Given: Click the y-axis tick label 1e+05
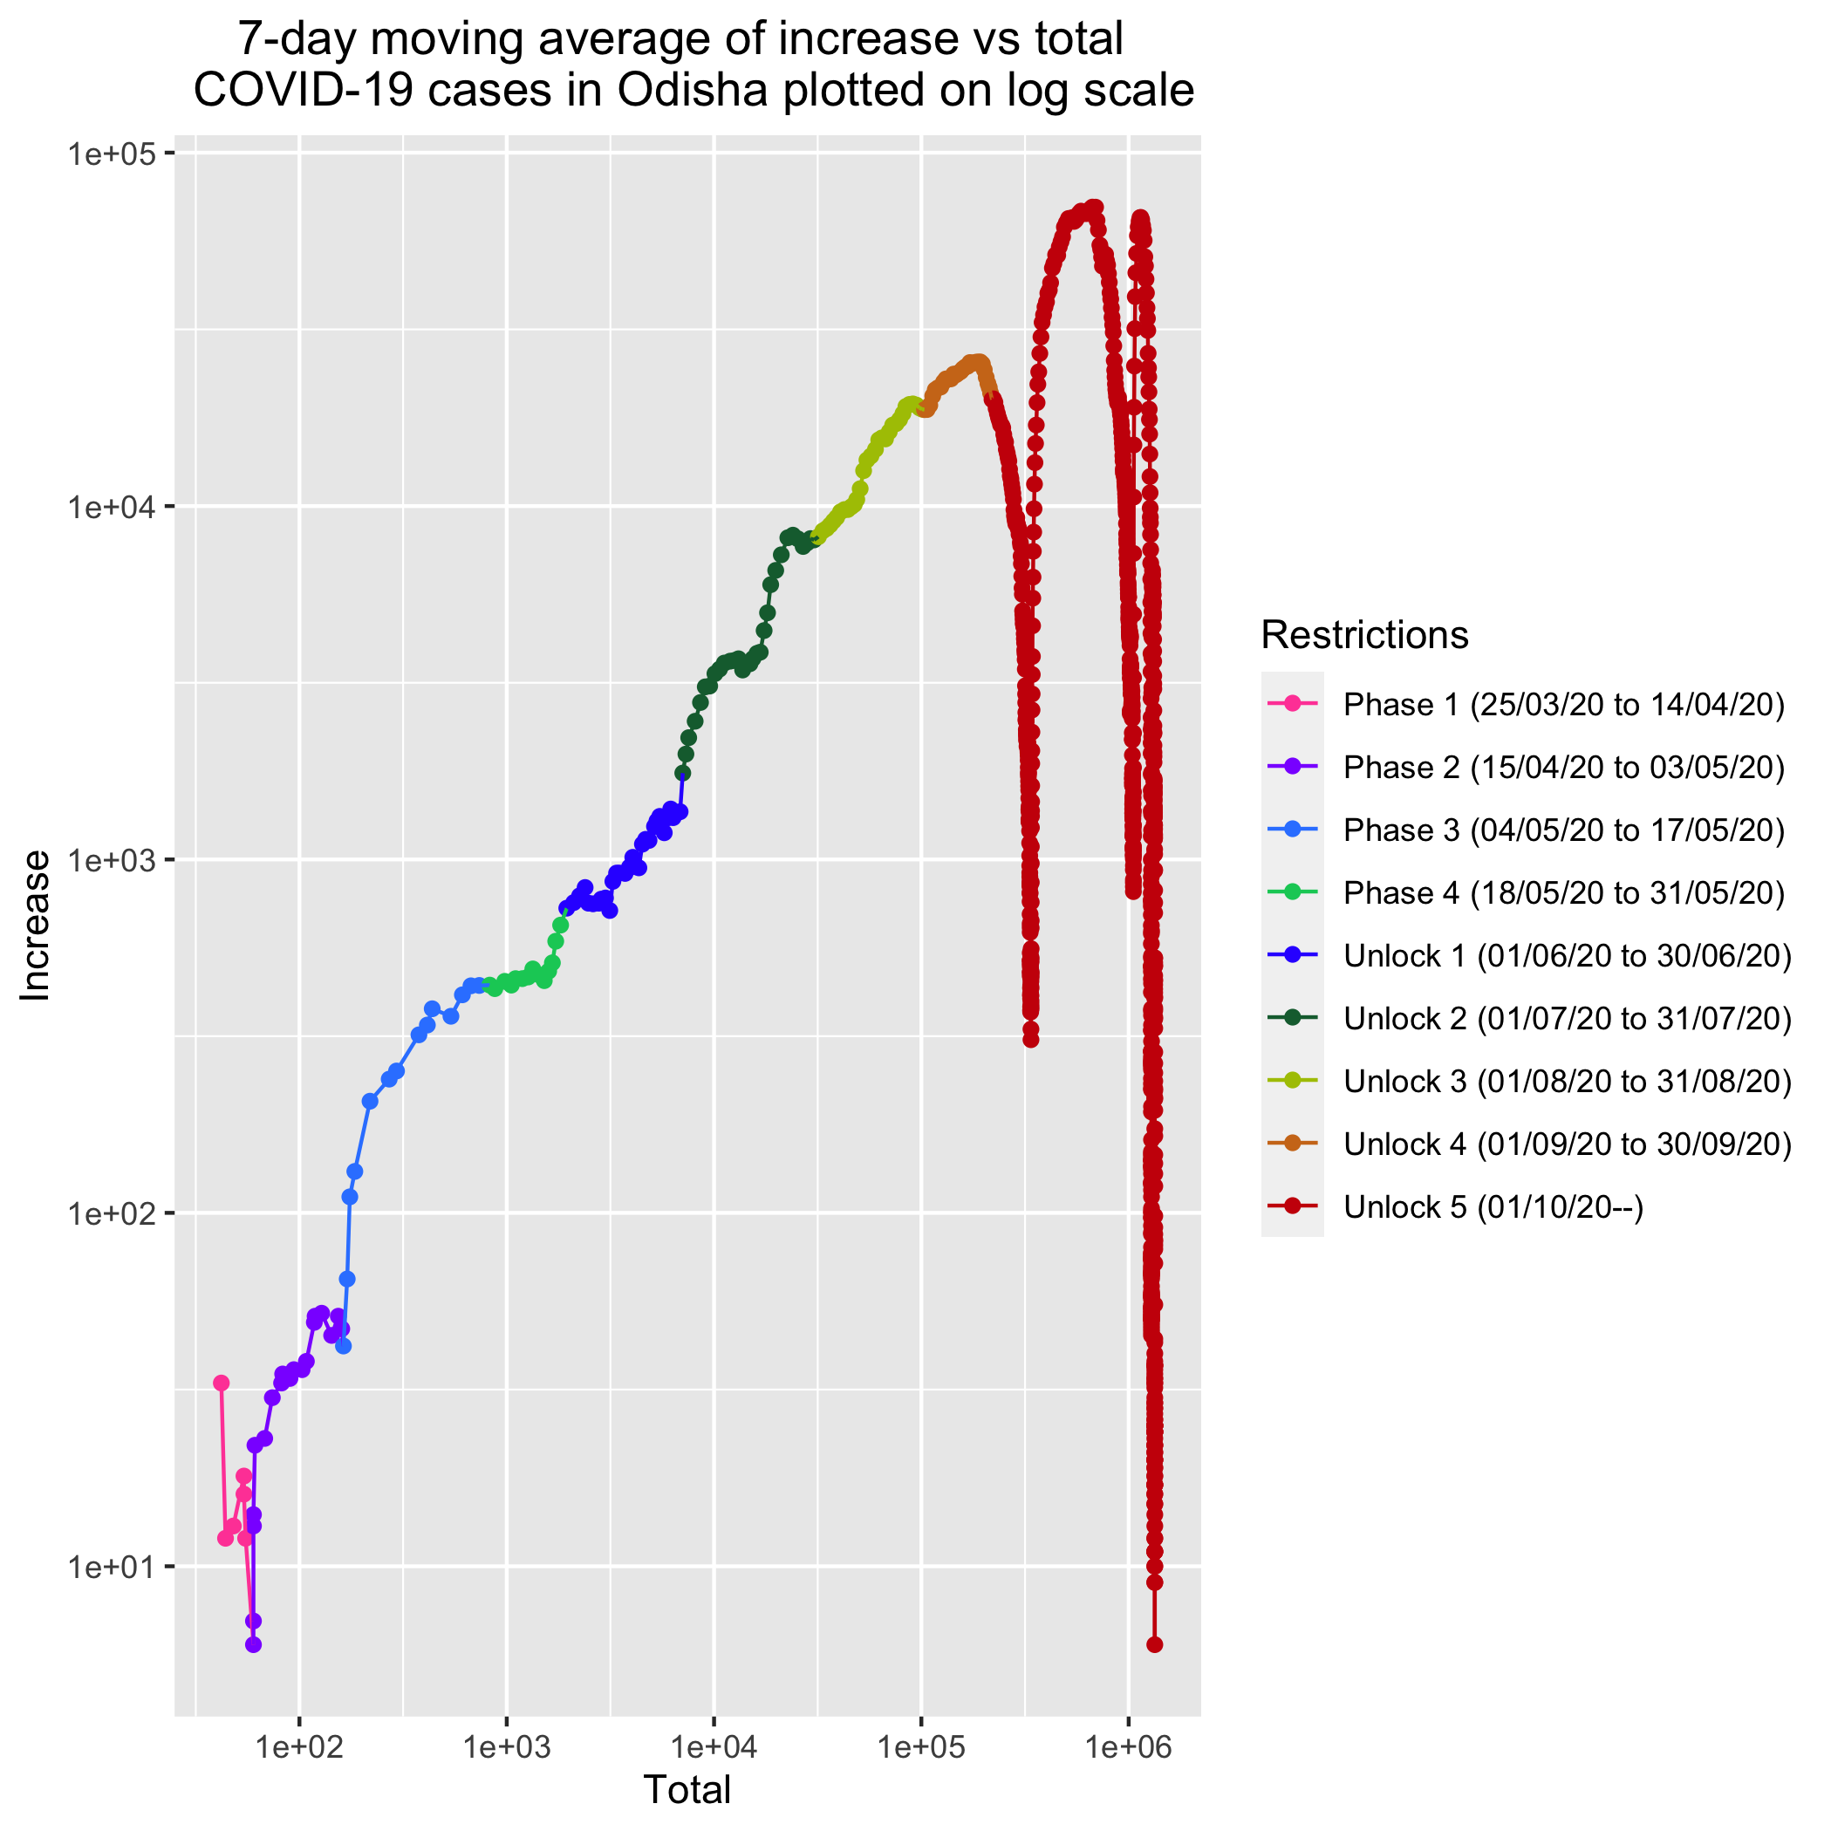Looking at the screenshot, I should coord(113,153).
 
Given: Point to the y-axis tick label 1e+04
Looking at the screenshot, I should coord(113,507).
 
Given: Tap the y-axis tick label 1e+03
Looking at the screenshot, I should coord(113,860).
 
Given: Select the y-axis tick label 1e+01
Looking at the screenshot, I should coord(113,1568).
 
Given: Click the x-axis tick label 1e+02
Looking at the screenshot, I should coord(298,1746).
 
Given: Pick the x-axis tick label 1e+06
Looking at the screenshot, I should coord(1128,1746).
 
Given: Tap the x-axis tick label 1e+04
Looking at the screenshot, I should coord(714,1746).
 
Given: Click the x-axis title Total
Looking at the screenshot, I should coord(687,1789).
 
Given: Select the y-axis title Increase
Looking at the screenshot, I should coord(36,925).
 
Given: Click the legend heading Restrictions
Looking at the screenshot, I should coord(1364,635).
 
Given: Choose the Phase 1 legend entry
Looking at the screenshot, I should coord(1564,704).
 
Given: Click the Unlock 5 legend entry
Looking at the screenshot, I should coord(1493,1206).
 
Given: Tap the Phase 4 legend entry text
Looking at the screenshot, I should coord(1564,892).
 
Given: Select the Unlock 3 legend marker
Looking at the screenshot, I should coord(1292,1081).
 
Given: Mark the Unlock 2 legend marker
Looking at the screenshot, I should coord(1292,1018).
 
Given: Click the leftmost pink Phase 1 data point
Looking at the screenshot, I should coord(222,1383).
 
